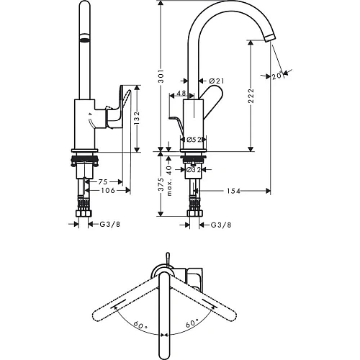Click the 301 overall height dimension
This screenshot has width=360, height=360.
point(161,76)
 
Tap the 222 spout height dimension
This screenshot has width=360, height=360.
point(251,96)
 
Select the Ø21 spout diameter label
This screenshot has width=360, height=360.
point(217,81)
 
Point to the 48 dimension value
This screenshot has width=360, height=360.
point(181,93)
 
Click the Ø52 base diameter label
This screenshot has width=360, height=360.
point(194,140)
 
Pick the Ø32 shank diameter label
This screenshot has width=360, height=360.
point(194,170)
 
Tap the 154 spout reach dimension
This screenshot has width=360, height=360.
point(233,191)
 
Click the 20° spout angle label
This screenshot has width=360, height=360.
point(278,76)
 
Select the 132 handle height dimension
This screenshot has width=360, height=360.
point(137,118)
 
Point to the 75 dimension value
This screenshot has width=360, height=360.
point(103,182)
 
